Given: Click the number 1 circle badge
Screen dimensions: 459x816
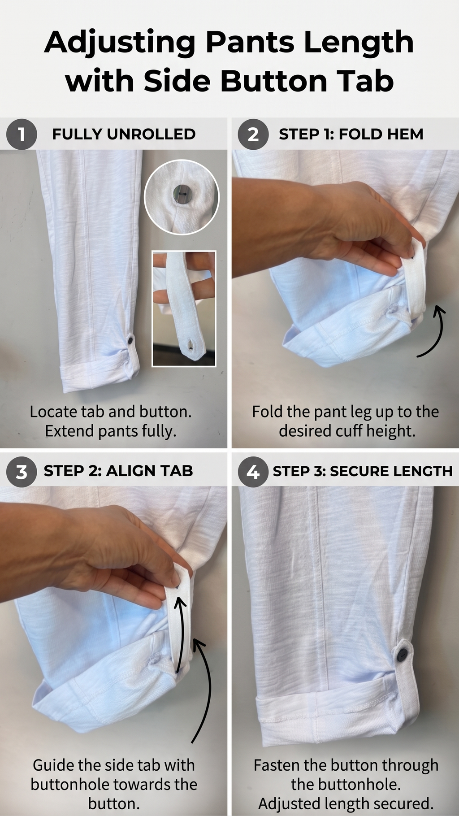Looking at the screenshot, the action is pyautogui.click(x=21, y=134).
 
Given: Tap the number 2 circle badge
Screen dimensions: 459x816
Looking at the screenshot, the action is pyautogui.click(x=253, y=134).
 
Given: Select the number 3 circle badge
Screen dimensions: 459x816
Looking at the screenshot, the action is pyautogui.click(x=21, y=472).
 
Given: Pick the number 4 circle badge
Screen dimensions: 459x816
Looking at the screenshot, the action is pyautogui.click(x=253, y=472).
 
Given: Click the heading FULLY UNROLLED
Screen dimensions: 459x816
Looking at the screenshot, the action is pyautogui.click(x=124, y=134).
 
